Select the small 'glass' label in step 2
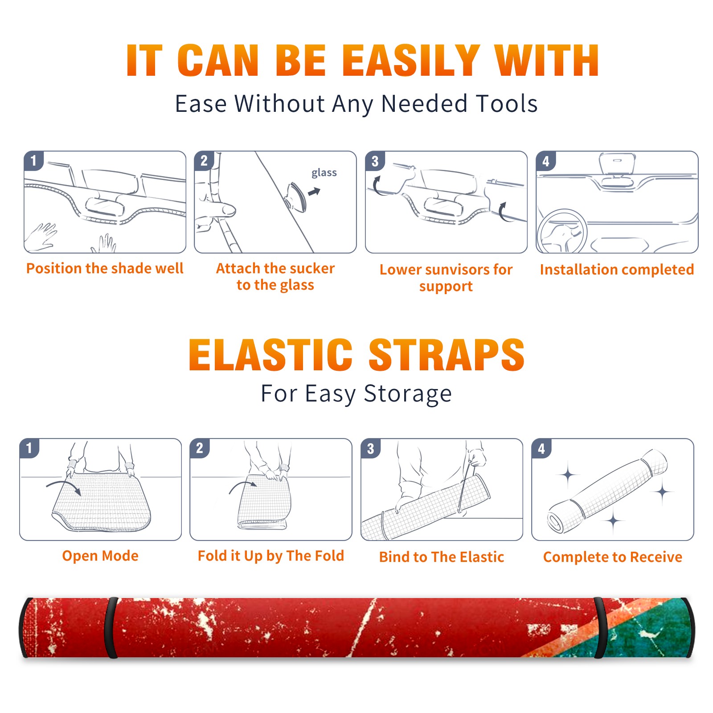(324, 173)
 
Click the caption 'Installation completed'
(617, 269)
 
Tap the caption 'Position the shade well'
(105, 268)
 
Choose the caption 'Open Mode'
(100, 556)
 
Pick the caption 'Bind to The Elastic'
(442, 557)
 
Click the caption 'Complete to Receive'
(613, 557)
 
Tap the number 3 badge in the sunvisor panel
(375, 161)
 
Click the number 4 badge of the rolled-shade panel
(541, 448)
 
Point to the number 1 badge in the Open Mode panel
(29, 448)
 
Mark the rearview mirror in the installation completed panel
(617, 164)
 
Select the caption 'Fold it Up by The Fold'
(271, 556)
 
